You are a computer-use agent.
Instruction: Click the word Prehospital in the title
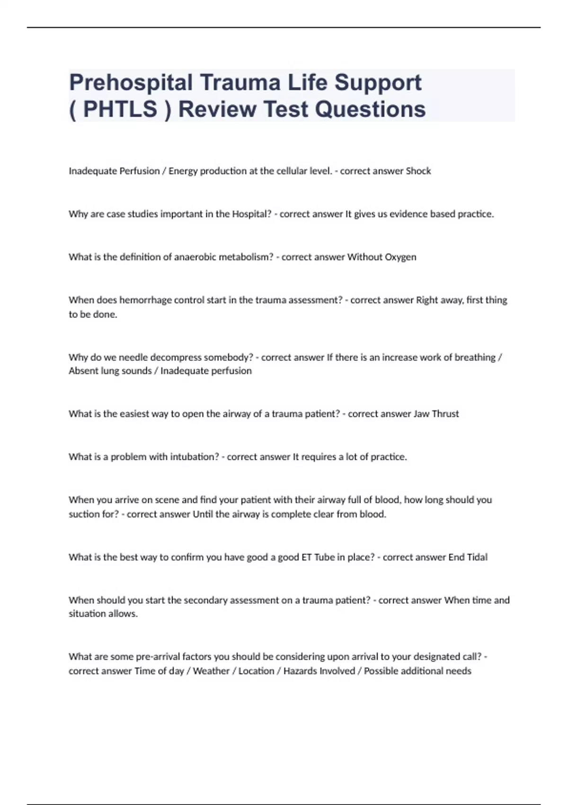pos(131,83)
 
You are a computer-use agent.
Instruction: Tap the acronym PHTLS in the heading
pos(120,109)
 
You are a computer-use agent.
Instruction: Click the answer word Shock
pos(418,171)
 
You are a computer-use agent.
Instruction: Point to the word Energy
pos(183,171)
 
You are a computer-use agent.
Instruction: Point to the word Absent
pos(83,371)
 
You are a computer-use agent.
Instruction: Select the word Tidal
pos(477,557)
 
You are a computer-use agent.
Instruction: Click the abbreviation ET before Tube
pos(307,557)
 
